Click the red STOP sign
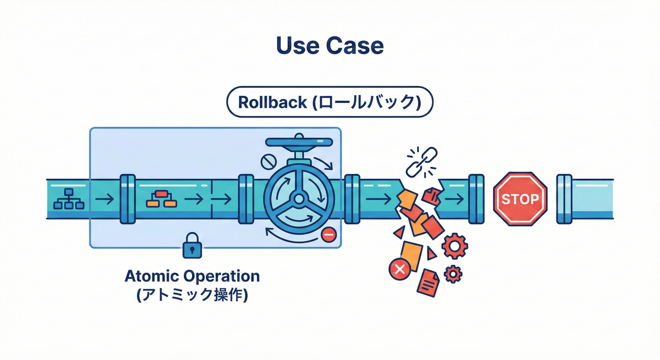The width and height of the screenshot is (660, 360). point(520,199)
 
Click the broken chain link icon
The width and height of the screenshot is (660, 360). point(421,162)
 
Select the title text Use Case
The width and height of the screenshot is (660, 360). point(330,46)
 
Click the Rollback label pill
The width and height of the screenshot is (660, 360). point(330,102)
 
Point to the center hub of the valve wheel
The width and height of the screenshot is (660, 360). point(299,199)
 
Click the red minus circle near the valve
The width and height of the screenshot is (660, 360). point(329,234)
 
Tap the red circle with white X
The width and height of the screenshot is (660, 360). point(399,269)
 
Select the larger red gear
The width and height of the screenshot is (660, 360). point(455,246)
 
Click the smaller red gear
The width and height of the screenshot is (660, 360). point(453,273)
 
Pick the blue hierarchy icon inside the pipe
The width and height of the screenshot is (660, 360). point(68,199)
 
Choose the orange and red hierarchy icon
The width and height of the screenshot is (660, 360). point(161,199)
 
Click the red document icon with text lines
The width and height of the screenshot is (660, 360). point(429,282)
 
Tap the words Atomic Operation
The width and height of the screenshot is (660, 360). point(192,276)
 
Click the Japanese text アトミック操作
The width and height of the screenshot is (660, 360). point(192,295)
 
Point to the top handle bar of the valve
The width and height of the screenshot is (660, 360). point(299,142)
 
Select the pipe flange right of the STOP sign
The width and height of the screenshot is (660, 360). point(564,199)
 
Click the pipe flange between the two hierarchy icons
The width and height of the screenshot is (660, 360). point(127,199)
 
